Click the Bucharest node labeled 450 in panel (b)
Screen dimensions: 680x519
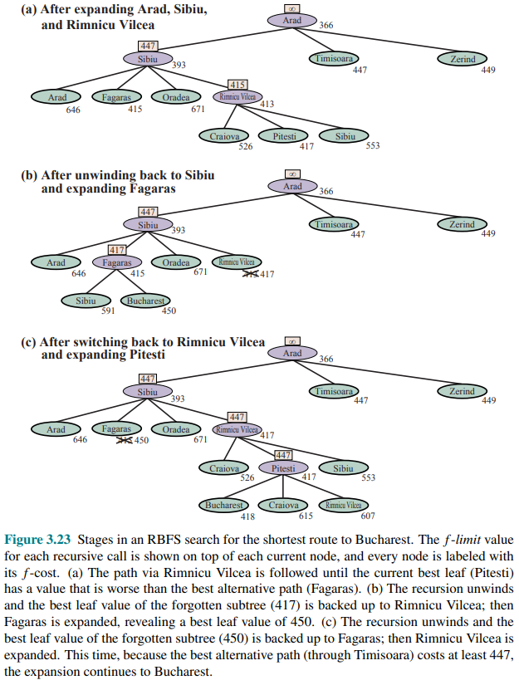tap(146, 301)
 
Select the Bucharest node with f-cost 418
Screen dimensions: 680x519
tap(224, 505)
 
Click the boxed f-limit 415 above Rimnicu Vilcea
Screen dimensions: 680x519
tap(237, 85)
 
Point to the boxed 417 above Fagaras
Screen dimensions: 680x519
tap(117, 249)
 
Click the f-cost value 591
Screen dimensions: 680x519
tap(107, 312)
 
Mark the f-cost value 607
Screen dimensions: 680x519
tap(367, 516)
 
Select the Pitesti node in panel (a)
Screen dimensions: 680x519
tap(284, 136)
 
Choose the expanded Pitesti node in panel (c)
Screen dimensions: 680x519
tap(284, 468)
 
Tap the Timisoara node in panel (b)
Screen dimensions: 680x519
tap(334, 224)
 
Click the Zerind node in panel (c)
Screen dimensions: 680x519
tap(462, 390)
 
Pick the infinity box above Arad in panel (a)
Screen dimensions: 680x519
tap(292, 8)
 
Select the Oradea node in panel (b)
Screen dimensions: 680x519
tap(176, 262)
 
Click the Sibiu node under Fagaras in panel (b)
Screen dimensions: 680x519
tap(86, 301)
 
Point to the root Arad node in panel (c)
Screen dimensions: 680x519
tap(292, 353)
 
